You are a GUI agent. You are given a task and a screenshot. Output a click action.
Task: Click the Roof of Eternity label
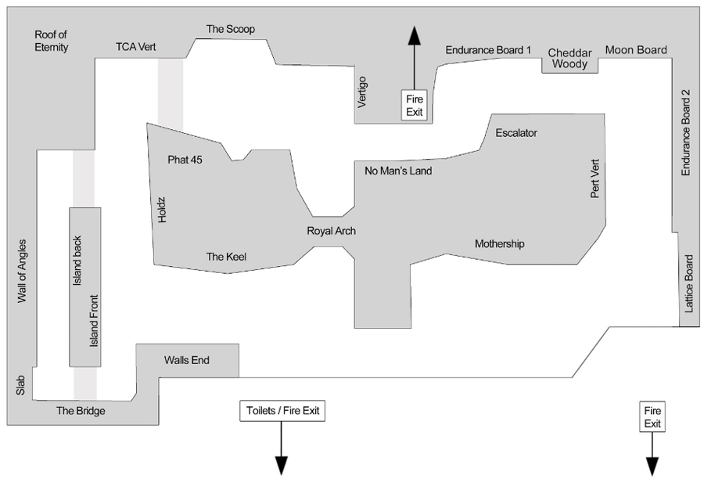pos(52,41)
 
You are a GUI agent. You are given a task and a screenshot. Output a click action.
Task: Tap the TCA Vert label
pos(136,47)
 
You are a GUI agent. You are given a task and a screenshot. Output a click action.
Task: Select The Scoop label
pos(231,29)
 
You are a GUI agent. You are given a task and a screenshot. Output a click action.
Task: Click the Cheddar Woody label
pos(570,59)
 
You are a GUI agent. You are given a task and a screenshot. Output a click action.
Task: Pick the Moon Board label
pos(636,50)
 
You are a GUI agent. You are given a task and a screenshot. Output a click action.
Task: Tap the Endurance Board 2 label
pos(686,132)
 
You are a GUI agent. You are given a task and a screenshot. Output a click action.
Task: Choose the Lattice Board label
pos(689,285)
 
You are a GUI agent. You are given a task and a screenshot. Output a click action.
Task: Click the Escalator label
pos(516,133)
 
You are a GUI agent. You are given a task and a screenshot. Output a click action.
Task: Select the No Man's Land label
pos(398,170)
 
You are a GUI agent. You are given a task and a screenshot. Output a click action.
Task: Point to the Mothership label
pos(499,244)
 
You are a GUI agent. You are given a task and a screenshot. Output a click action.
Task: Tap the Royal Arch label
pos(331,231)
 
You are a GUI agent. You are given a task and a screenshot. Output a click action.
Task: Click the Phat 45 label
pos(185,160)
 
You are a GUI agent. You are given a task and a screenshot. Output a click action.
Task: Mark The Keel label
pos(226,256)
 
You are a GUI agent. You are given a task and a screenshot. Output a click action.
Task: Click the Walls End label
pos(187,361)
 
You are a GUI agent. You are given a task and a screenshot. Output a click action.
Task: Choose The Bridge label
pos(81,411)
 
